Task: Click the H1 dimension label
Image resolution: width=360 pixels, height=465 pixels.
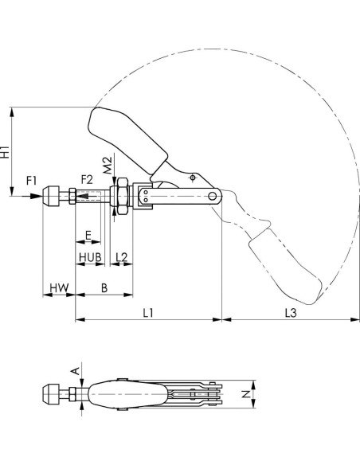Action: click(6, 151)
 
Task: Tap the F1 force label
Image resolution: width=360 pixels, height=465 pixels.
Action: click(31, 180)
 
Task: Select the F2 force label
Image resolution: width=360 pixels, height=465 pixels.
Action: click(87, 179)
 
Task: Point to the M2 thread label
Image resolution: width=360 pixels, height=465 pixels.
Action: click(108, 165)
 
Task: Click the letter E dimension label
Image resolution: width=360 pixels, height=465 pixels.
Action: click(88, 236)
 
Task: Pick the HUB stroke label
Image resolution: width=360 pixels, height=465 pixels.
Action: click(90, 257)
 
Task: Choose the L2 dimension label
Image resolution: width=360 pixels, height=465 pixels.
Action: click(122, 257)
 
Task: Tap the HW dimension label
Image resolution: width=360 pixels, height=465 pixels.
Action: click(59, 287)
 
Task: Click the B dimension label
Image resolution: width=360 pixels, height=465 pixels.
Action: click(104, 288)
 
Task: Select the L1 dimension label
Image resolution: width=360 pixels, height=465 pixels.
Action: click(148, 313)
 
